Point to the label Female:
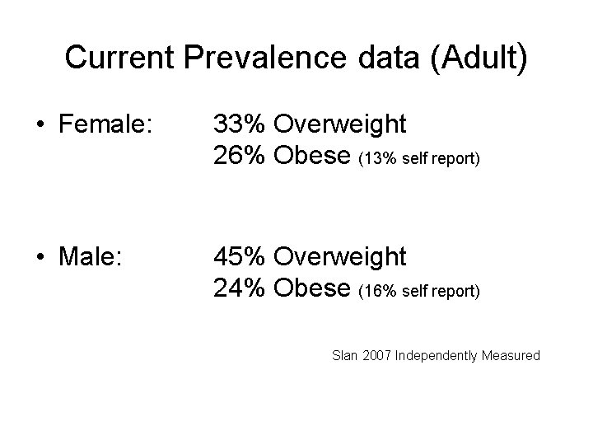[x=105, y=124]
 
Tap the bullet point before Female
[x=40, y=125]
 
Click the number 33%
[x=239, y=124]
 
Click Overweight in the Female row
[x=339, y=124]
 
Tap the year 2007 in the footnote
[x=377, y=356]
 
